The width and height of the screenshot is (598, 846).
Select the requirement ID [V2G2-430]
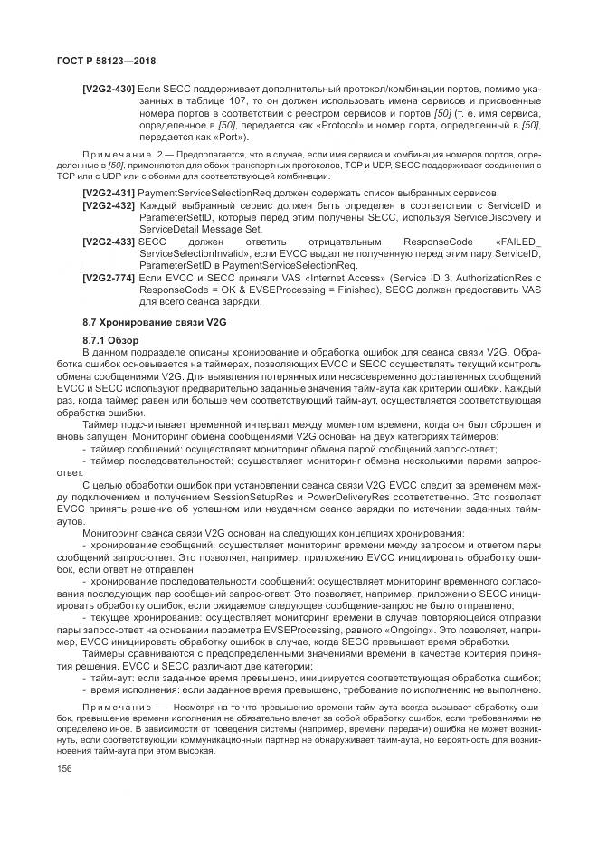pyautogui.click(x=109, y=90)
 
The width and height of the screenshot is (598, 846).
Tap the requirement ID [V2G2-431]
pyautogui.click(x=109, y=194)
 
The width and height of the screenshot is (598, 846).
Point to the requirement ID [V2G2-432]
pyautogui.click(x=109, y=206)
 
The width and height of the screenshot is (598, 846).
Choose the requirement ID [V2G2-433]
pyautogui.click(x=109, y=242)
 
